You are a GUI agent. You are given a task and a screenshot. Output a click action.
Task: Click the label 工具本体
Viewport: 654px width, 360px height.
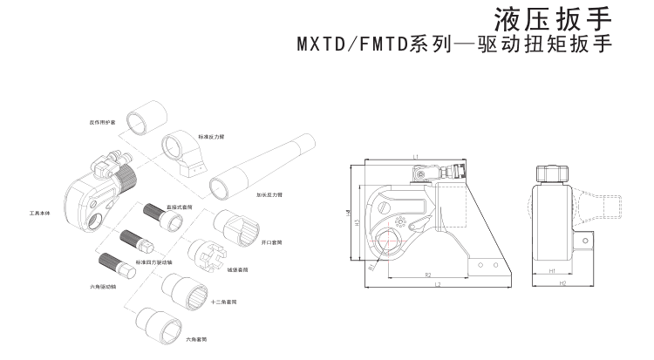(x=42, y=213)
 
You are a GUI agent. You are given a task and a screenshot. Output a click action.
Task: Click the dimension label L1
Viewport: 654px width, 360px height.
(x=418, y=155)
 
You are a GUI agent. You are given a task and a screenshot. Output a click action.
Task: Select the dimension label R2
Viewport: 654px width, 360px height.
(x=429, y=275)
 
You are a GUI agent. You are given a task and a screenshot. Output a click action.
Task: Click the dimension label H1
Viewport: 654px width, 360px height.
(x=553, y=271)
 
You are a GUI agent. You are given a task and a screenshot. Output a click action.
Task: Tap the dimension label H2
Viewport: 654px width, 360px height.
(x=562, y=284)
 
